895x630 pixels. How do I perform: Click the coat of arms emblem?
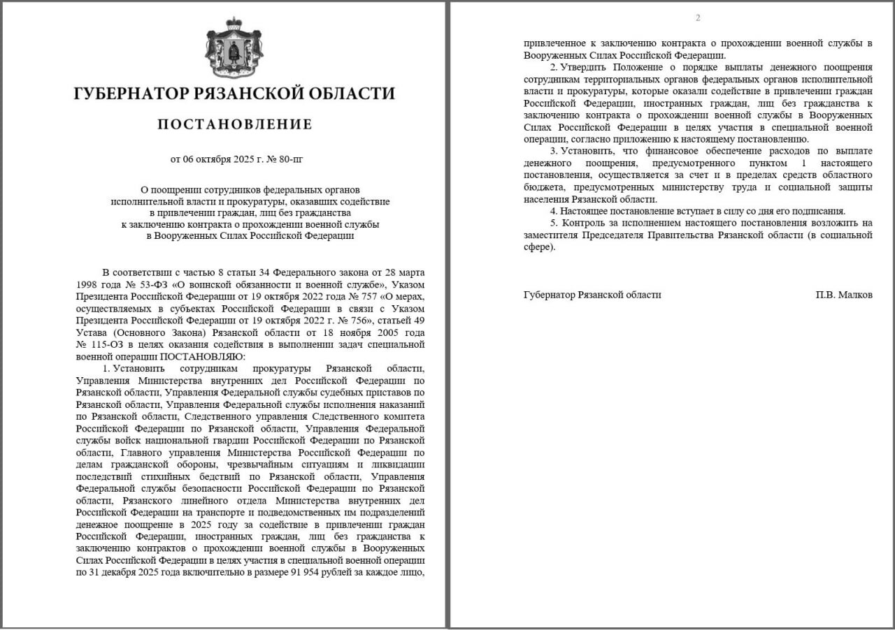click(234, 49)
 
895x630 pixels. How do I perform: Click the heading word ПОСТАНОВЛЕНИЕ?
click(234, 125)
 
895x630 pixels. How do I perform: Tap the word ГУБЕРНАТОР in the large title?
click(130, 94)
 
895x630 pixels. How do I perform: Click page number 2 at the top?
click(697, 18)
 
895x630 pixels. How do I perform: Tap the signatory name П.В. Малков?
click(843, 295)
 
